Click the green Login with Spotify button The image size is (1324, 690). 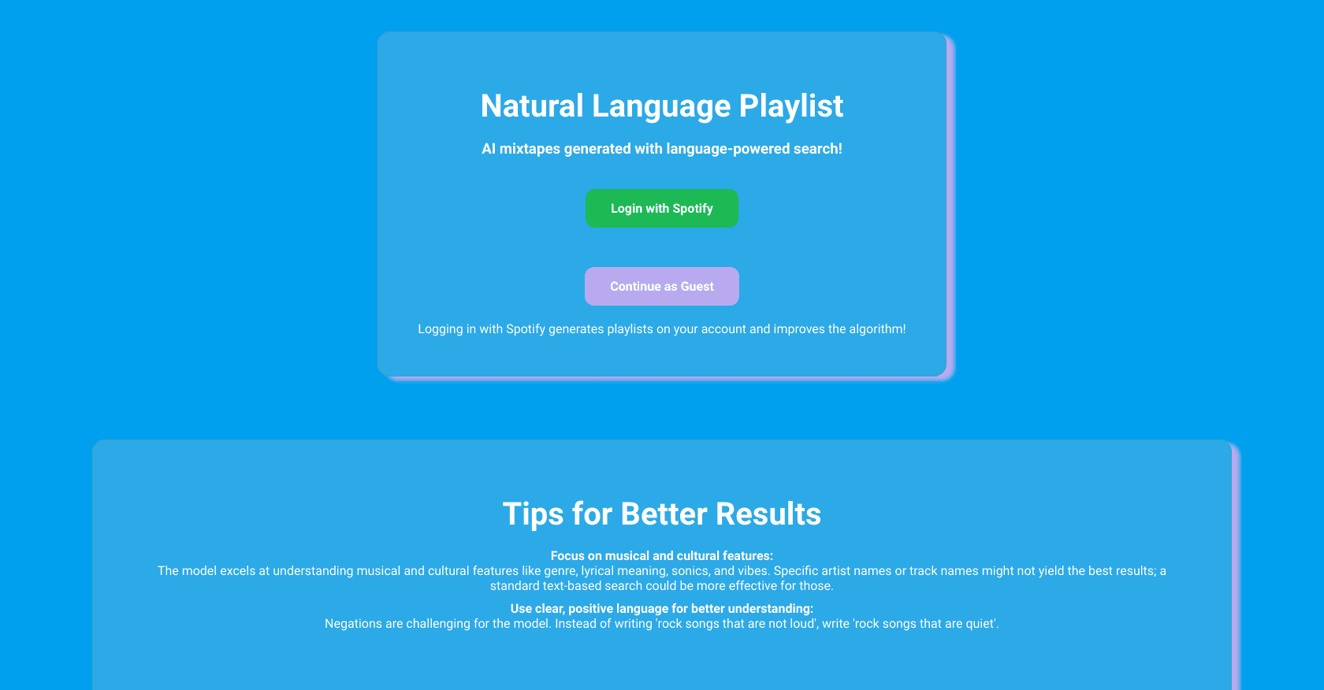(662, 209)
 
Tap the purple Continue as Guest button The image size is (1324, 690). (662, 287)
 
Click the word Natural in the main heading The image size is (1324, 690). (532, 106)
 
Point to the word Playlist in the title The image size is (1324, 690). (790, 106)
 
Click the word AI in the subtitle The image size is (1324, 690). (489, 149)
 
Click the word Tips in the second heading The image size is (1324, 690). (533, 514)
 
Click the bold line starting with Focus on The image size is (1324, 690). (662, 556)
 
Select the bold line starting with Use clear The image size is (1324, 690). (662, 609)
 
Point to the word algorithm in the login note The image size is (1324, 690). (876, 329)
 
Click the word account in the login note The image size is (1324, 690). (723, 329)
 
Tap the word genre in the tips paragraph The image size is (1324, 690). (560, 571)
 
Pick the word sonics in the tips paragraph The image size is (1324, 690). (690, 571)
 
